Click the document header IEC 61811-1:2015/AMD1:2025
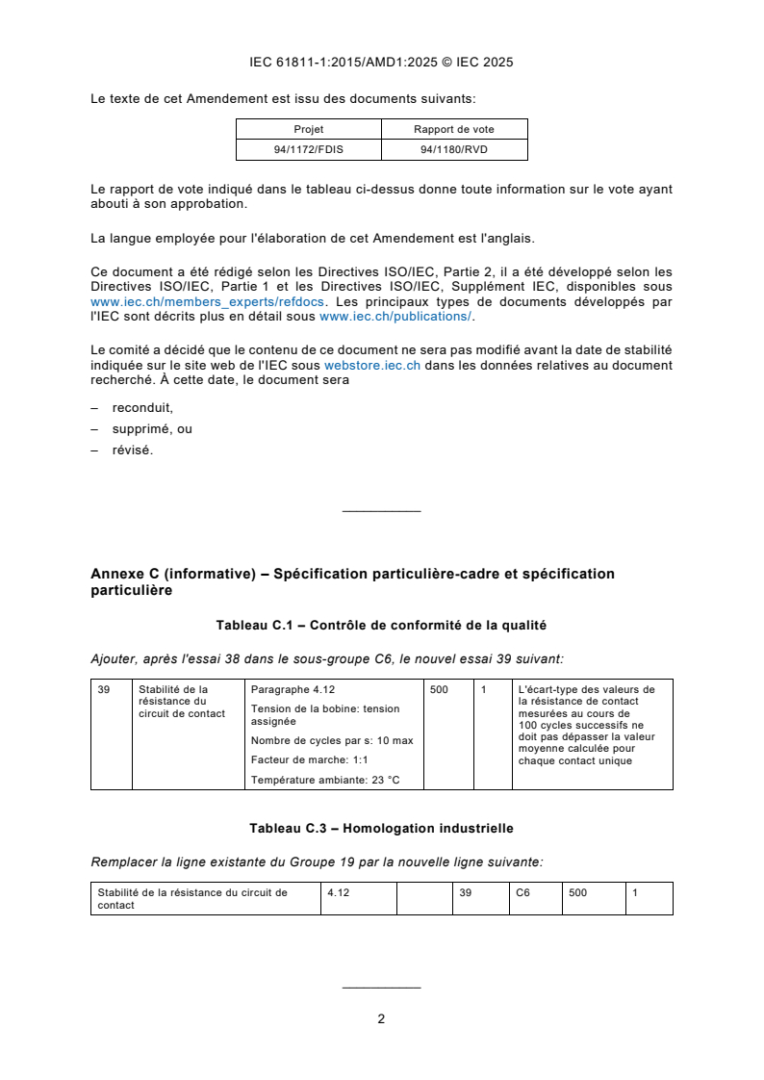pyautogui.click(x=381, y=63)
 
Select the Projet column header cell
pyautogui.click(x=308, y=129)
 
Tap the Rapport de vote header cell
pyautogui.click(x=454, y=129)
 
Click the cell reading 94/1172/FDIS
pyautogui.click(x=308, y=149)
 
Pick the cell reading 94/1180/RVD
pyautogui.click(x=454, y=149)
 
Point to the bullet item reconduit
pyautogui.click(x=142, y=407)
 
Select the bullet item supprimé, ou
pyautogui.click(x=152, y=428)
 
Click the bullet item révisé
pyautogui.click(x=132, y=450)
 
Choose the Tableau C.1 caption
pyautogui.click(x=381, y=626)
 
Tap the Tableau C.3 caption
pyautogui.click(x=381, y=828)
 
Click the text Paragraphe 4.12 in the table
pyautogui.click(x=293, y=689)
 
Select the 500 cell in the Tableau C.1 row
pyautogui.click(x=439, y=689)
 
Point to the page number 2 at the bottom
pyautogui.click(x=381, y=1018)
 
